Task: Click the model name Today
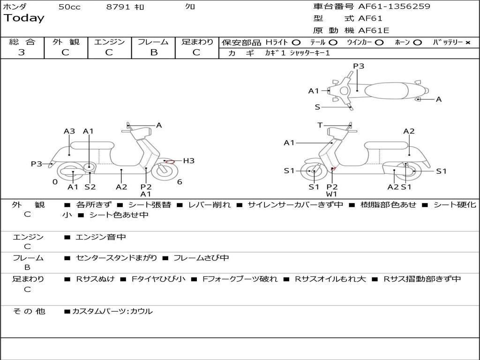24,18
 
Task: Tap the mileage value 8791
119,7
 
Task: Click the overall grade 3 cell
22,52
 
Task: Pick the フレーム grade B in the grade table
154,52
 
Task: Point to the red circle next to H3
170,162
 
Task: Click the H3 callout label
188,161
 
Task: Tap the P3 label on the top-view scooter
359,66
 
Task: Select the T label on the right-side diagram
320,125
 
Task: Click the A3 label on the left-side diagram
69,131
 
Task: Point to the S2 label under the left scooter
90,187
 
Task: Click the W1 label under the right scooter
332,194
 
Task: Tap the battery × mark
467,43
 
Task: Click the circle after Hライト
296,42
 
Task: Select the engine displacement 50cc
69,7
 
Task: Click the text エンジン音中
101,238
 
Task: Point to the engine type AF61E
374,30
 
